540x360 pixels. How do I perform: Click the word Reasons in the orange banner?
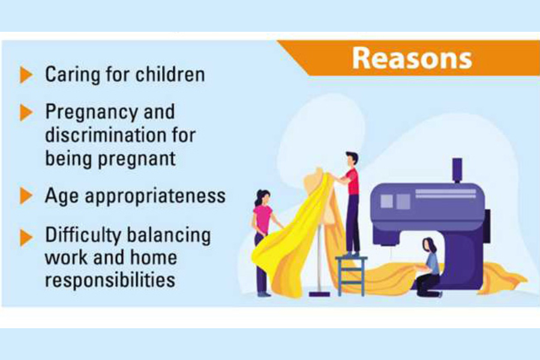tap(412, 58)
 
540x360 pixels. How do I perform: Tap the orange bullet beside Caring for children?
tap(26, 75)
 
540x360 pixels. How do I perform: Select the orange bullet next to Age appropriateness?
tap(26, 196)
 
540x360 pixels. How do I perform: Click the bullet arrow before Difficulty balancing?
tap(26, 238)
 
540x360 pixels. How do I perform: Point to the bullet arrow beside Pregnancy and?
tap(26, 113)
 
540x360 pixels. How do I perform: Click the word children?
tap(170, 74)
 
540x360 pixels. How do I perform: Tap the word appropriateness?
tap(155, 196)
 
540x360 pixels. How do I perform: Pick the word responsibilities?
tap(110, 280)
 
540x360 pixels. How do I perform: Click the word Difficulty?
tap(83, 236)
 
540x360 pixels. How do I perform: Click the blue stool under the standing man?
tap(351, 275)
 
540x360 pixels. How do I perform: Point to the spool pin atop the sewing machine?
tap(457, 170)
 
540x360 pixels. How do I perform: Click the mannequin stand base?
tap(319, 294)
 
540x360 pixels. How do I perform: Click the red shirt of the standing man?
tap(353, 181)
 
